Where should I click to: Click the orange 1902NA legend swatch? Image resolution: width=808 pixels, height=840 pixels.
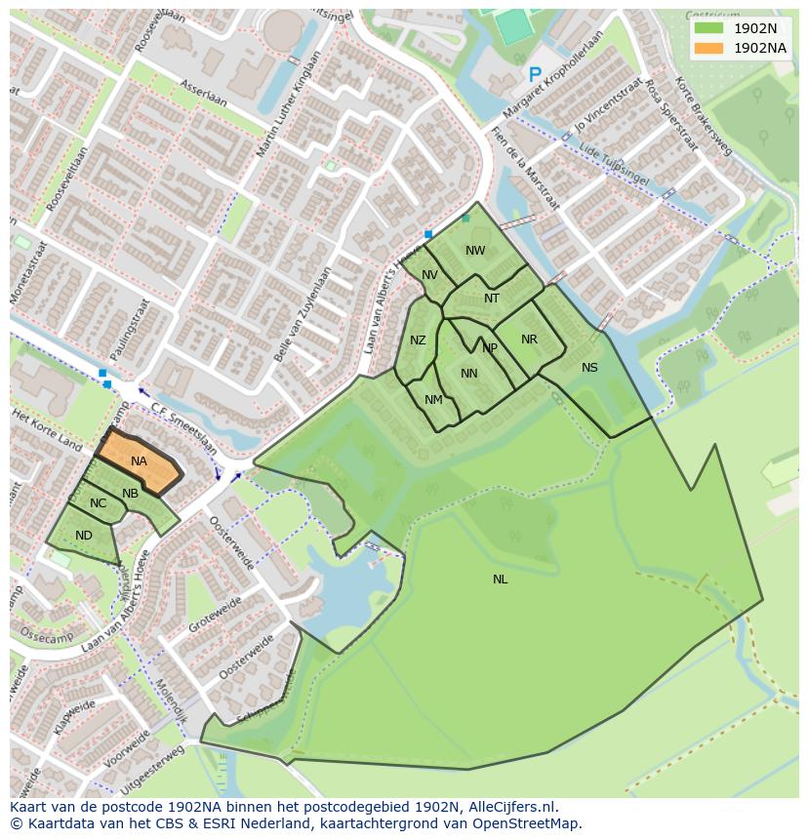point(709,48)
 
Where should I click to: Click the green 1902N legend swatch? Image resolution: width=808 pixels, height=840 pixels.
point(709,28)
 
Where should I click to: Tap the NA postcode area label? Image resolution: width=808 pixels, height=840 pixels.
point(139,461)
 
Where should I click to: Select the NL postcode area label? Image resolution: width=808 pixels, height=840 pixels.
point(500,580)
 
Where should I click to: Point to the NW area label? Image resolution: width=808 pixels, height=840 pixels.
point(475,251)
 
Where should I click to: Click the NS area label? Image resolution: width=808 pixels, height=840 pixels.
point(589,368)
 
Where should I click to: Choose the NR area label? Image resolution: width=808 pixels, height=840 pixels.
point(529,340)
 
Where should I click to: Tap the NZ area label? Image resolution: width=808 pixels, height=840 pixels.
point(418,340)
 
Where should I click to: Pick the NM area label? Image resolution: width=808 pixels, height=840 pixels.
point(433,400)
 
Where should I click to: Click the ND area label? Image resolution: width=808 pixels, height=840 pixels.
point(84,536)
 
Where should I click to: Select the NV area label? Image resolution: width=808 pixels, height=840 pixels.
point(429,275)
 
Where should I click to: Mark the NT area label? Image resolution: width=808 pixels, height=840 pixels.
point(492,299)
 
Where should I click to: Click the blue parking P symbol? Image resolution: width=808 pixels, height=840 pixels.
point(535,75)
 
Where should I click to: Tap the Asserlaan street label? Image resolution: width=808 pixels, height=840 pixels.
point(204,96)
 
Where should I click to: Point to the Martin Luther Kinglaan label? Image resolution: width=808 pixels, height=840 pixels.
point(288,106)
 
